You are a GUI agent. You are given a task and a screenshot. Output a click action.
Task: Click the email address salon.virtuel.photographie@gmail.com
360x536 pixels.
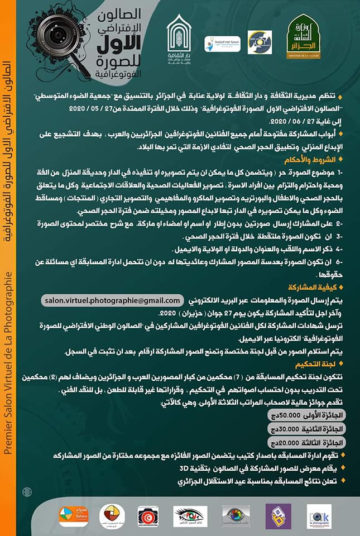113,300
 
